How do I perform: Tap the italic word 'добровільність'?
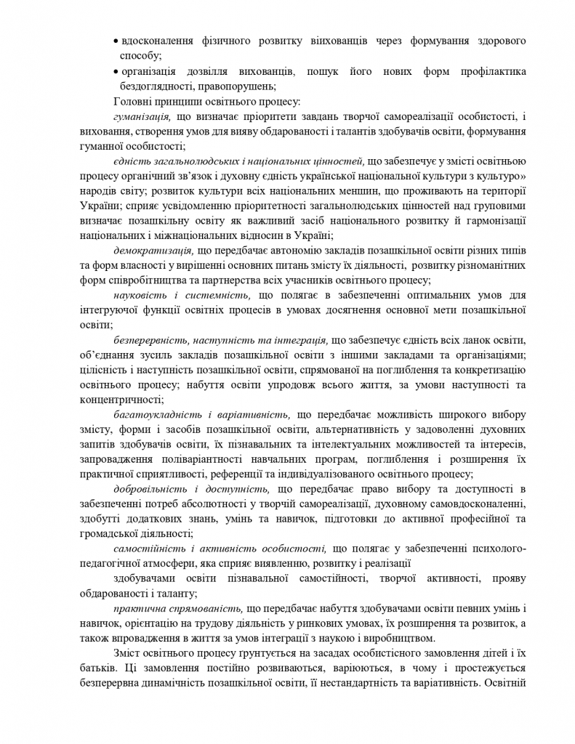coord(148,489)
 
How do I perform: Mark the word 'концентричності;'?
coord(118,400)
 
